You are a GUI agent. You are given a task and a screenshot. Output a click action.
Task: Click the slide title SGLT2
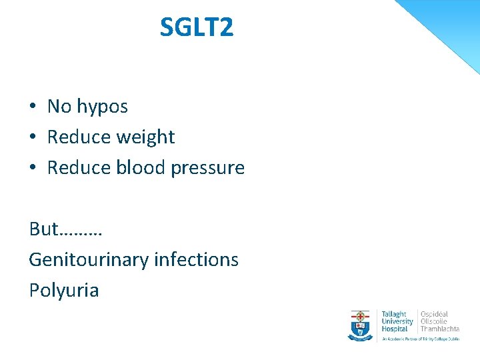pos(197,28)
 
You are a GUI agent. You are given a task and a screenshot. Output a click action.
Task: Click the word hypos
pos(102,107)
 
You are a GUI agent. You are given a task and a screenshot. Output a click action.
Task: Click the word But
pos(43,229)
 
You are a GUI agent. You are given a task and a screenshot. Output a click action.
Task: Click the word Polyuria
pos(63,291)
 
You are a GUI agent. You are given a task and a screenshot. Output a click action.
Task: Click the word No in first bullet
pos(59,107)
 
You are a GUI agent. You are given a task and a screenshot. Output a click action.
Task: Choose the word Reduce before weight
pos(79,137)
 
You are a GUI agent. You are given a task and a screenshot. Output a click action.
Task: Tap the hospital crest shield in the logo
pos(361,324)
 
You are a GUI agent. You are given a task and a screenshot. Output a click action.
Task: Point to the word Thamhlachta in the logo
pos(440,329)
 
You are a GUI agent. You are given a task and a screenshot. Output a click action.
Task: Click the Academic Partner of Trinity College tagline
pos(420,339)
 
